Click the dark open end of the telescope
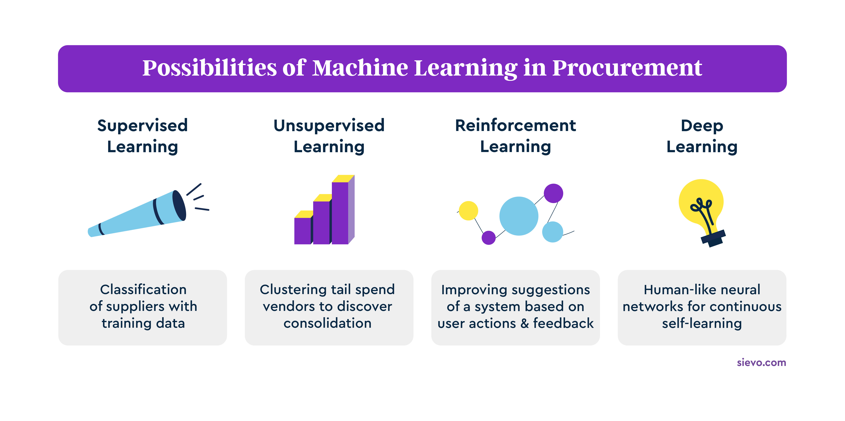pyautogui.click(x=179, y=205)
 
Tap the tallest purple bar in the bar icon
pyautogui.click(x=340, y=213)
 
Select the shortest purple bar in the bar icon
pyautogui.click(x=302, y=231)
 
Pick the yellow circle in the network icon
pyautogui.click(x=468, y=210)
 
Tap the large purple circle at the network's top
pyautogui.click(x=553, y=193)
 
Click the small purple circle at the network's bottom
pyautogui.click(x=488, y=237)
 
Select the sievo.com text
pyautogui.click(x=761, y=363)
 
